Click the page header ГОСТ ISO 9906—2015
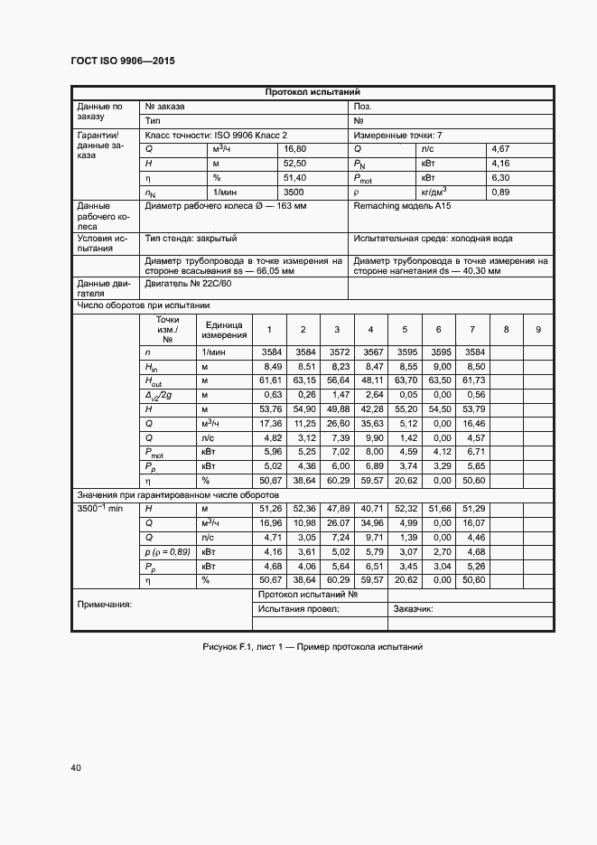[123, 61]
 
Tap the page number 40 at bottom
[76, 768]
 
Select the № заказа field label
[164, 106]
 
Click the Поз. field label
[363, 106]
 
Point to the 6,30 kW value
[501, 178]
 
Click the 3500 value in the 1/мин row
[294, 192]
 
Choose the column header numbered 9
[537, 330]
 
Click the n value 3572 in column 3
[337, 352]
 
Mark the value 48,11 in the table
[370, 380]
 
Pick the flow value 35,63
[370, 423]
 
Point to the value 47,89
[337, 509]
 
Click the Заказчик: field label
[413, 609]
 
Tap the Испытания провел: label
[298, 609]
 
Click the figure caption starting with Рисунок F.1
[312, 647]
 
